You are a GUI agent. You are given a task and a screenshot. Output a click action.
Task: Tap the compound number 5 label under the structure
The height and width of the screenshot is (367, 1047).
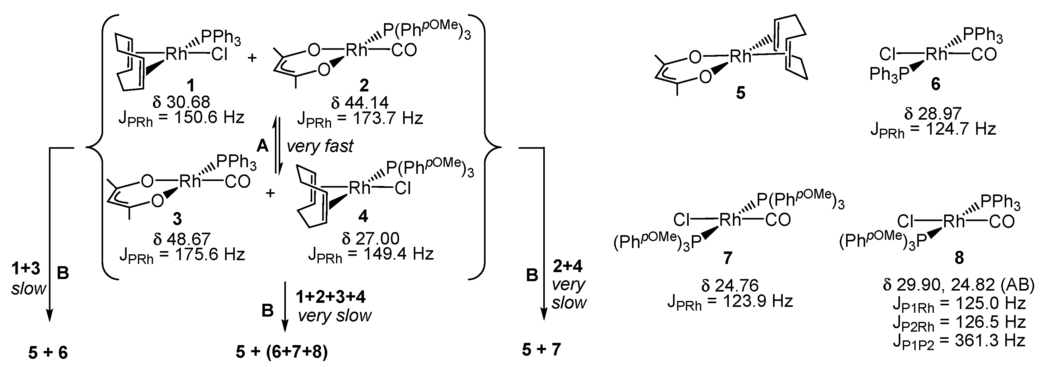[740, 93]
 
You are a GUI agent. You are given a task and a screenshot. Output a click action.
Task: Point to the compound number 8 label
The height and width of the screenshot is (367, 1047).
[959, 258]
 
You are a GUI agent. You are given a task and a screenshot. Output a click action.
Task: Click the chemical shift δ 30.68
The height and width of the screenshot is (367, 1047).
[181, 102]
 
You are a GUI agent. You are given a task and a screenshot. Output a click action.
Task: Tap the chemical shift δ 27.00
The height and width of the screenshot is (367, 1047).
[370, 238]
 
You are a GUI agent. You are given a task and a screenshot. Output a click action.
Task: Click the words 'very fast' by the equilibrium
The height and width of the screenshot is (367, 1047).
[320, 146]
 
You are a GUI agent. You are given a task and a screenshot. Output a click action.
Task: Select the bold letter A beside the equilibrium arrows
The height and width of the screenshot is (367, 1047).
[263, 146]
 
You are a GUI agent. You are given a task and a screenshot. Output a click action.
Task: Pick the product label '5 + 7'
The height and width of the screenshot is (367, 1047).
[541, 349]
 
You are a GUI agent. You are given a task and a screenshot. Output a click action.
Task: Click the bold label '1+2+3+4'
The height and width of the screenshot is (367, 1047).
[330, 297]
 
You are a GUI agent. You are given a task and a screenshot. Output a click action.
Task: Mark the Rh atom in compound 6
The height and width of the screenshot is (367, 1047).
[936, 54]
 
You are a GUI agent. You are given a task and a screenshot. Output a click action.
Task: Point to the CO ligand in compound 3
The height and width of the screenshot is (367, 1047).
[237, 182]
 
